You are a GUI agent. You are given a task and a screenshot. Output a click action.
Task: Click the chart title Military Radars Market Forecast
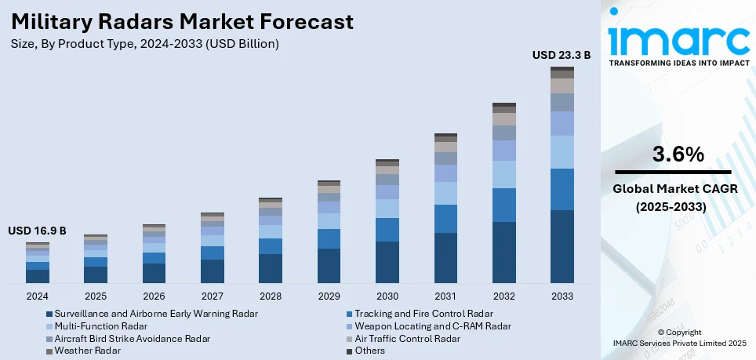182,21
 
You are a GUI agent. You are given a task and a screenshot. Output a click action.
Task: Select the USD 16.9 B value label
37,231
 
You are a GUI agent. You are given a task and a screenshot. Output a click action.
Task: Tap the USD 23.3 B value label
562,55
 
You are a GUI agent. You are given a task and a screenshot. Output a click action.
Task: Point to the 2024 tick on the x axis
37,296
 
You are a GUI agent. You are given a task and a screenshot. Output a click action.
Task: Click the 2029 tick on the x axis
329,296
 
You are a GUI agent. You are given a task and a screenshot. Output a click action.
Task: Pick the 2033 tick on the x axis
562,296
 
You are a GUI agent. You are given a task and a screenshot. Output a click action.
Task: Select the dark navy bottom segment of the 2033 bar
562,246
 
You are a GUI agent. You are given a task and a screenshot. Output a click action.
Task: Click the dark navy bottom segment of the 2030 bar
387,262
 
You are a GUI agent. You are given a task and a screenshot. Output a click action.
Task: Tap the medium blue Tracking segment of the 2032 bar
504,205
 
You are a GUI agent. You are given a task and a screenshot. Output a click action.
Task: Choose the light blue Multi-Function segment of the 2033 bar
562,152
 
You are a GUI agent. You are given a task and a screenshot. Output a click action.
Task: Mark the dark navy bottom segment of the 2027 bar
213,271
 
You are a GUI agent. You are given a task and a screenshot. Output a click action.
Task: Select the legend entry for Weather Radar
86,351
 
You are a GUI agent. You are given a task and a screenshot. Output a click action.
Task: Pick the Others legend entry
370,351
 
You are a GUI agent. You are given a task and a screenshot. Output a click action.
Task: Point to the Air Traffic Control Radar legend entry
407,338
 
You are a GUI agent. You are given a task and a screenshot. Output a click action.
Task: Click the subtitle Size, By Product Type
145,44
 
